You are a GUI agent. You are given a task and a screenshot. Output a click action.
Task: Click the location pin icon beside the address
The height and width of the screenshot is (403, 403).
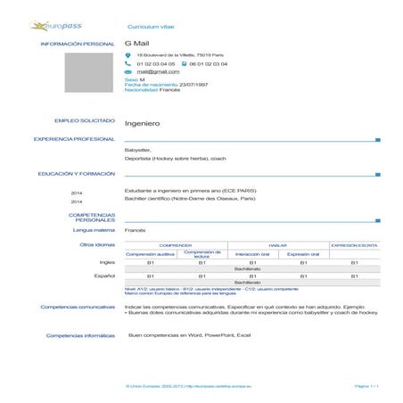coord(128,55)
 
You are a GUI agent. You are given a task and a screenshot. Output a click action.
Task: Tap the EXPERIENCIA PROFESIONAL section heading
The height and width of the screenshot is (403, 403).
coord(75,139)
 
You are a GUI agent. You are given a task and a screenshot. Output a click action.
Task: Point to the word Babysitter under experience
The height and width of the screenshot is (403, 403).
coord(138,150)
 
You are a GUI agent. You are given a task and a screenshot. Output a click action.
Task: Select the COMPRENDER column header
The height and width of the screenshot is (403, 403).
coord(176,244)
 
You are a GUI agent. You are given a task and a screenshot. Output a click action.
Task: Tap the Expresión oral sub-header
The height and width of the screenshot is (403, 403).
coord(303,253)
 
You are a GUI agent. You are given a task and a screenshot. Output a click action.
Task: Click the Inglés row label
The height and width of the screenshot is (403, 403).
coord(107,263)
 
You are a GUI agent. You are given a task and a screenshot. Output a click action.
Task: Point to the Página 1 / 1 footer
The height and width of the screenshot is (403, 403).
coord(366,385)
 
